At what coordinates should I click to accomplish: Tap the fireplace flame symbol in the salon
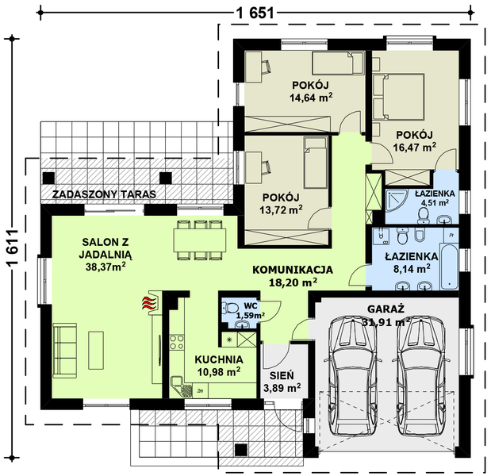(149, 303)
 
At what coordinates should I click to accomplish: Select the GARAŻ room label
(386, 309)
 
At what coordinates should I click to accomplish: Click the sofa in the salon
(64, 351)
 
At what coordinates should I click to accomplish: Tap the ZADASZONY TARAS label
(104, 194)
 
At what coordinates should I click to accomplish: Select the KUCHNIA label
(219, 359)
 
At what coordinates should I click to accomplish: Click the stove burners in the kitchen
(177, 342)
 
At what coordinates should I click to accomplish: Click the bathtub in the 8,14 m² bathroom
(449, 267)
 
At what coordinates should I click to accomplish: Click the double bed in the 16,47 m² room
(399, 97)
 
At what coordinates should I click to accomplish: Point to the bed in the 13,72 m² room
(316, 163)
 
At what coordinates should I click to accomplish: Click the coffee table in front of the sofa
(96, 351)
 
